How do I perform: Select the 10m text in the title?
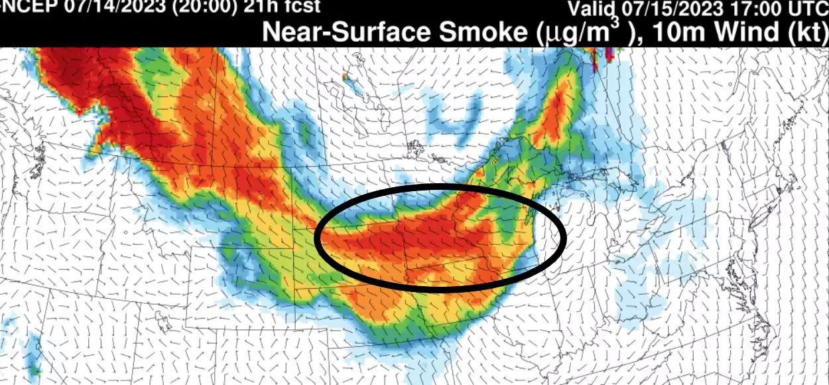click(x=674, y=32)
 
